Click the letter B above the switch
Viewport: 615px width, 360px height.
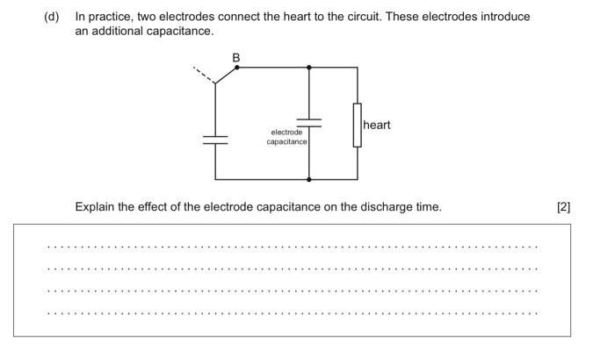[x=235, y=57]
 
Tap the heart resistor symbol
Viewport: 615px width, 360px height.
[x=358, y=125]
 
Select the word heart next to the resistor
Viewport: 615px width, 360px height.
[x=377, y=125]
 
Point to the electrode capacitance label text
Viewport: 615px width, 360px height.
[x=287, y=137]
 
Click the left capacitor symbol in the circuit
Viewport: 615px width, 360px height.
[x=215, y=140]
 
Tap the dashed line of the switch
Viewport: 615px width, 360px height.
[x=203, y=75]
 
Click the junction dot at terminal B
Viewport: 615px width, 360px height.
[x=236, y=67]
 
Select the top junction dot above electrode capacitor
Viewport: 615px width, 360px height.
[x=309, y=67]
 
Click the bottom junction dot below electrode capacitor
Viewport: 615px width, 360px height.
[x=309, y=179]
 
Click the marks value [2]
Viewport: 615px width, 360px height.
[x=563, y=207]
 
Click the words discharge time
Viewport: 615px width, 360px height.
[x=404, y=207]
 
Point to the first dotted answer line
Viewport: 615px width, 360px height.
[x=292, y=247]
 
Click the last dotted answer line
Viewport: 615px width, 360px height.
[x=292, y=313]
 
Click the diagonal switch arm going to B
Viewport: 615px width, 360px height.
[x=226, y=76]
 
